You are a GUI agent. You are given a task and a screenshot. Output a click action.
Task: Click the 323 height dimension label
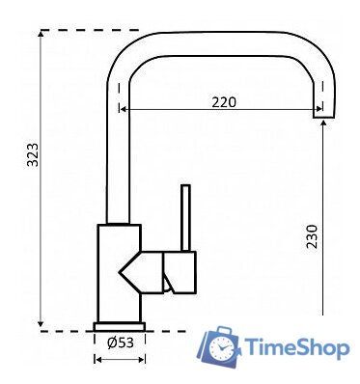pyautogui.click(x=33, y=154)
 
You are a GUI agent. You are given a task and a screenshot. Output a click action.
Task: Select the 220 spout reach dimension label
pyautogui.click(x=224, y=102)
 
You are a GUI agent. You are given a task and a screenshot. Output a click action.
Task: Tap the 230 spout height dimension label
pyautogui.click(x=312, y=236)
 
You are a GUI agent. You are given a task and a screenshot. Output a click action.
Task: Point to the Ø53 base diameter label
pyautogui.click(x=121, y=343)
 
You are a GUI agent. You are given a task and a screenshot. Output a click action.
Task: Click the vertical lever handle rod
pyautogui.click(x=185, y=217)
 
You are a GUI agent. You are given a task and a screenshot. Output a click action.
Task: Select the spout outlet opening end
pyautogui.click(x=324, y=117)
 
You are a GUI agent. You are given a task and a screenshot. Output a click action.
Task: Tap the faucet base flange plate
pyautogui.click(x=120, y=326)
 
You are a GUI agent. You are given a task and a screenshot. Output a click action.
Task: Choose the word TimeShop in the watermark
pyautogui.click(x=297, y=348)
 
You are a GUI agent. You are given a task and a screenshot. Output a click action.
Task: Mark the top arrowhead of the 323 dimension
pyautogui.click(x=41, y=34)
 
